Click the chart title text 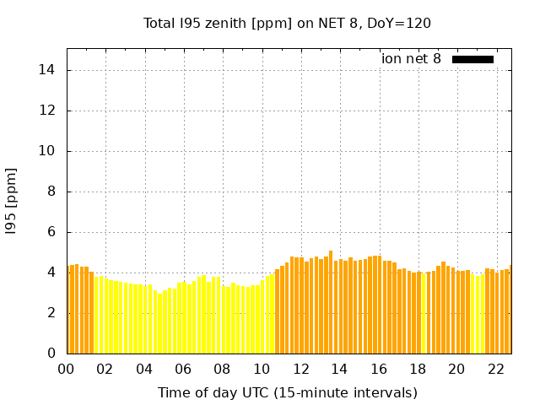point(287,24)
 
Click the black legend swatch point(472,60)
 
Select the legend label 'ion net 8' point(411,58)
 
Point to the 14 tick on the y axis point(46,70)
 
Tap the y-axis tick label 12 point(46,111)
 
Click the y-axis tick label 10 point(46,151)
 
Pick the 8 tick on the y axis point(51,192)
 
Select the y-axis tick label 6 point(51,232)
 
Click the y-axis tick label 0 point(51,354)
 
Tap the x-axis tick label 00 point(66,370)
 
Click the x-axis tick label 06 point(183,370)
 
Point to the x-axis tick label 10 point(262,370)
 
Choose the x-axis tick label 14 point(339,370)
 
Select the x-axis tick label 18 point(418,370)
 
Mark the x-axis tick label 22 point(496,370)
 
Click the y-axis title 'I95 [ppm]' point(11,202)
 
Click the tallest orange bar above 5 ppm point(331,302)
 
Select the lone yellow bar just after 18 point(424,313)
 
